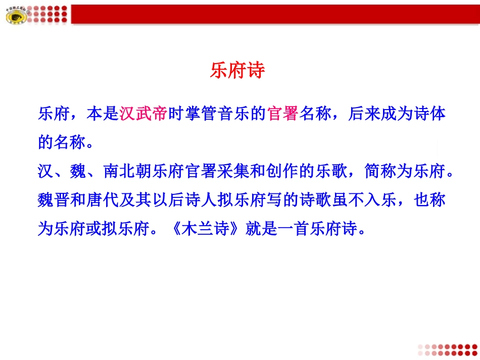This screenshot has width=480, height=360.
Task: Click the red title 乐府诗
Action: [x=237, y=71]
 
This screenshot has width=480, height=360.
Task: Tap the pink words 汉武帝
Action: [x=143, y=114]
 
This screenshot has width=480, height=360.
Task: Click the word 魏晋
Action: [x=55, y=200]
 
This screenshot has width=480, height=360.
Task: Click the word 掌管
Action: [x=200, y=114]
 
